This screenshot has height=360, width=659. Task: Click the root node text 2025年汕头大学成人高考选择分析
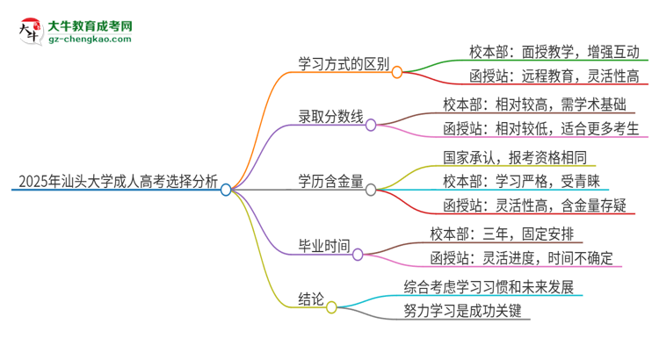pos(115,182)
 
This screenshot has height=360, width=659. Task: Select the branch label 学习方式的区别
pos(338,66)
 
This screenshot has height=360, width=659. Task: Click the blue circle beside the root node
pos(226,189)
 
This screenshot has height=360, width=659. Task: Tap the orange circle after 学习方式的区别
pos(397,73)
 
